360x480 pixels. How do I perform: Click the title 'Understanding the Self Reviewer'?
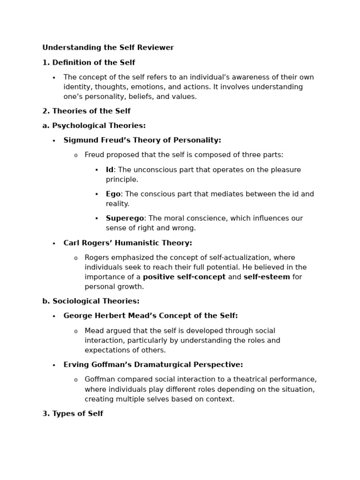[x=108, y=48]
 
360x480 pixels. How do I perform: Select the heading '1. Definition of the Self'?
[x=89, y=62]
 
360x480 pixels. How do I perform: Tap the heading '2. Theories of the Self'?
[x=86, y=111]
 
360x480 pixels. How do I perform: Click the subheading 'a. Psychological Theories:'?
[x=94, y=126]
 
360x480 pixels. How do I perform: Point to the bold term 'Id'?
[x=109, y=170]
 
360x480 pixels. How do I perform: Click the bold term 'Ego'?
[x=113, y=194]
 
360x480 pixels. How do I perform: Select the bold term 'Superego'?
[x=125, y=218]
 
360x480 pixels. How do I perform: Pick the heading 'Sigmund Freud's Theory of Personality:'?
[x=142, y=140]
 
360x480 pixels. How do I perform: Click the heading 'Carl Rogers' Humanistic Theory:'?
[x=127, y=243]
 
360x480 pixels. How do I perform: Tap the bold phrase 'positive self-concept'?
[x=184, y=277]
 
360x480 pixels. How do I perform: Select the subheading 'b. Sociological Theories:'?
[x=91, y=301]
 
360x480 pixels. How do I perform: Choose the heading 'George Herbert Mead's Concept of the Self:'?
[x=150, y=316]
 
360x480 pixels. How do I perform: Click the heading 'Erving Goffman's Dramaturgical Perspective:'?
[x=153, y=365]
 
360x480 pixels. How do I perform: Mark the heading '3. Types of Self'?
[x=73, y=413]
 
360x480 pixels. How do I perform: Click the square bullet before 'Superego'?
[x=97, y=218]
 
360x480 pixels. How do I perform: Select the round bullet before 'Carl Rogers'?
[x=54, y=244]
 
